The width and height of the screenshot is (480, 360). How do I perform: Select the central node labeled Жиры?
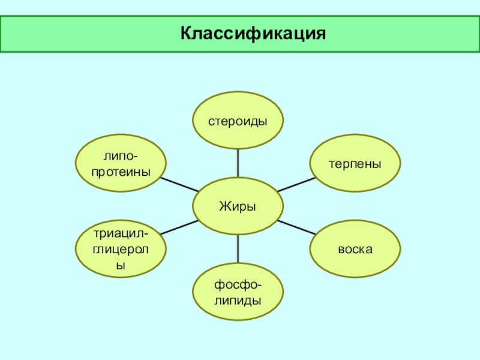tap(238, 206)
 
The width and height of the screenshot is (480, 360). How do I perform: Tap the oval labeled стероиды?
tap(238, 121)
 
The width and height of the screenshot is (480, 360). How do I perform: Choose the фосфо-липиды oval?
tap(238, 292)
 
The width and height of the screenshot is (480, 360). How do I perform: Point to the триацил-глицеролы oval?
tap(121, 248)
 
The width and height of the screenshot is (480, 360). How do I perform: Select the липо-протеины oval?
tap(121, 163)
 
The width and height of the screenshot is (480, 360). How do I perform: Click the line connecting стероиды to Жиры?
tap(238, 163)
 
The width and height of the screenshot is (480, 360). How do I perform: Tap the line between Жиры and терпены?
tap(296, 185)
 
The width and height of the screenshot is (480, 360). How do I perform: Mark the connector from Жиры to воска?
tap(296, 227)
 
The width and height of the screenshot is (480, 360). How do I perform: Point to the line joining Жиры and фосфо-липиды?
tap(238, 248)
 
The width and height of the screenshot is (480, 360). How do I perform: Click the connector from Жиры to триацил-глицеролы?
tap(179, 228)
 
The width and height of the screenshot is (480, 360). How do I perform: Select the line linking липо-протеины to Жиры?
tap(179, 185)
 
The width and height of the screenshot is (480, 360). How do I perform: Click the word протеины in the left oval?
tap(121, 171)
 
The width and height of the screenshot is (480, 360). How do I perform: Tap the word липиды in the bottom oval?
tap(238, 299)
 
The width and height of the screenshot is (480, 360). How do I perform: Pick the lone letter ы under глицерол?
tap(121, 264)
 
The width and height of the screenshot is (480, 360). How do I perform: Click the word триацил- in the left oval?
tap(121, 233)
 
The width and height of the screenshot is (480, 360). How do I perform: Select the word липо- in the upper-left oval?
tap(121, 156)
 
